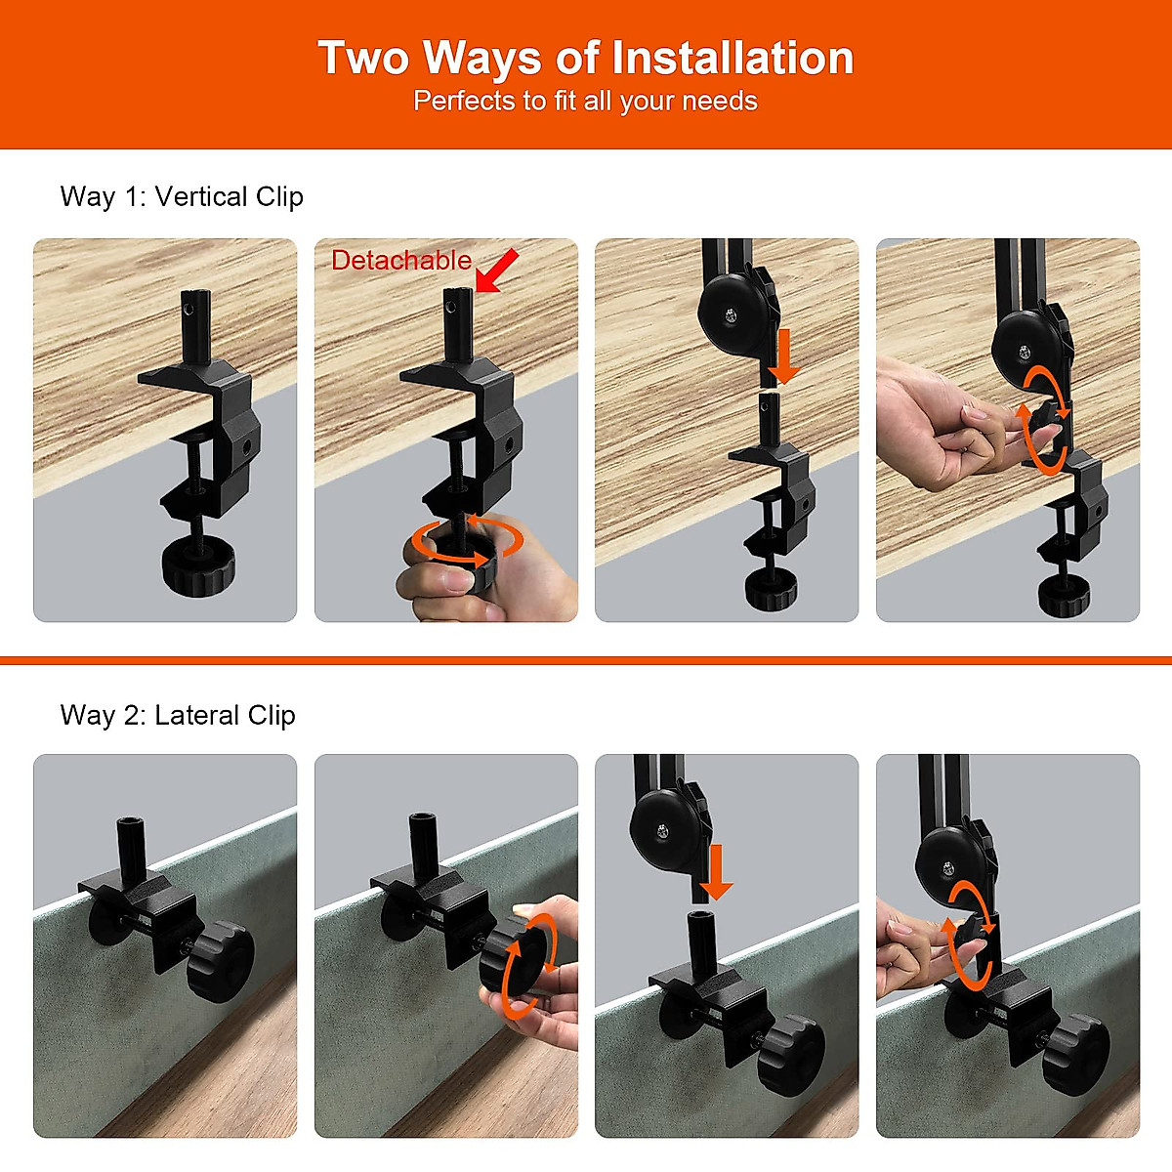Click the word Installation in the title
(732, 58)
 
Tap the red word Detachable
(401, 261)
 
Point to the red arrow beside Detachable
(497, 270)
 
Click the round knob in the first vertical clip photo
(197, 565)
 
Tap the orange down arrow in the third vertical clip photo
(783, 356)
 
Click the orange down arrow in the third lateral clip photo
(716, 872)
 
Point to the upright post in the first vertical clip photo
(196, 327)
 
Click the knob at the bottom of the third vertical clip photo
(771, 588)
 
